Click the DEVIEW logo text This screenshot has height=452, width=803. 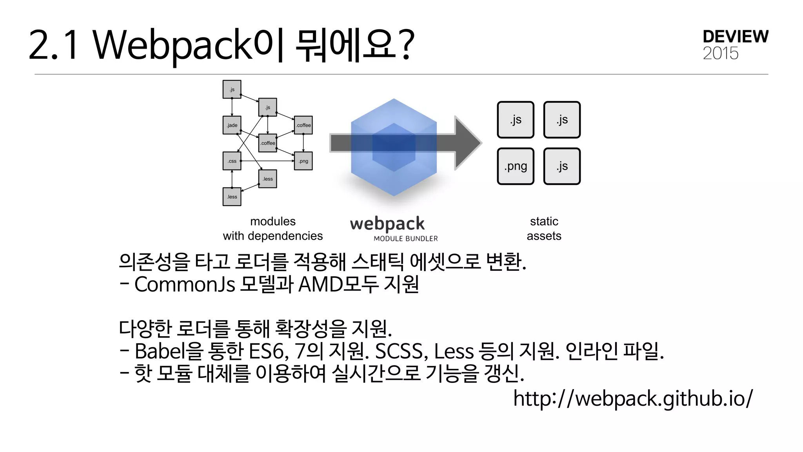click(x=735, y=37)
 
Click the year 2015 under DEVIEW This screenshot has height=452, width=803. click(x=720, y=53)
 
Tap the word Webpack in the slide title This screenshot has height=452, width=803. click(x=173, y=45)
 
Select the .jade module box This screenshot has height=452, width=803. click(x=232, y=125)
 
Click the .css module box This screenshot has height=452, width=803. click(x=232, y=161)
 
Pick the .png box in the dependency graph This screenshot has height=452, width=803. click(x=303, y=161)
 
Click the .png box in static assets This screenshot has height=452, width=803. click(x=515, y=166)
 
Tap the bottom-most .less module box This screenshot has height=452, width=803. click(x=232, y=197)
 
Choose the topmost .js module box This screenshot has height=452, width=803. click(x=232, y=89)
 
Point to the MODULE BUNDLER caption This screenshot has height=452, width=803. click(x=405, y=239)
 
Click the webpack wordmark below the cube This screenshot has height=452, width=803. click(x=387, y=224)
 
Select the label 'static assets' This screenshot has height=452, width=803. click(x=544, y=229)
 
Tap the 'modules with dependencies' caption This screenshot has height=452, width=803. click(x=273, y=229)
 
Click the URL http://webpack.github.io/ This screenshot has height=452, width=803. click(x=633, y=398)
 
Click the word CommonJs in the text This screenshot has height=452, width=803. click(x=184, y=284)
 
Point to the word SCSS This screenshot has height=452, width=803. click(x=399, y=351)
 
